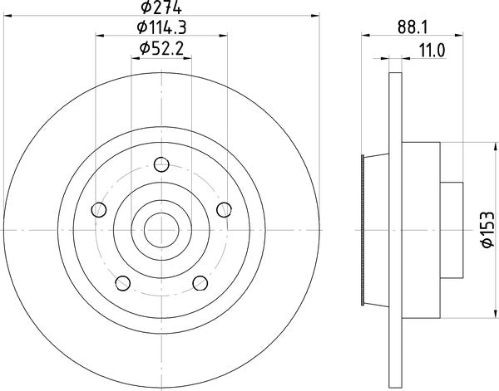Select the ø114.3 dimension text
(x=162, y=28)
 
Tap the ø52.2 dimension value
(x=162, y=48)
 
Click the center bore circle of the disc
(x=161, y=229)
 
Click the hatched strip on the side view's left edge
(x=363, y=230)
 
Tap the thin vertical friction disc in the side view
(x=393, y=230)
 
